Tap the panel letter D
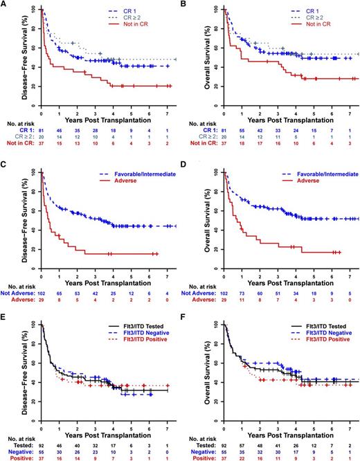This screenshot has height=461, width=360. pyautogui.click(x=186, y=161)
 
